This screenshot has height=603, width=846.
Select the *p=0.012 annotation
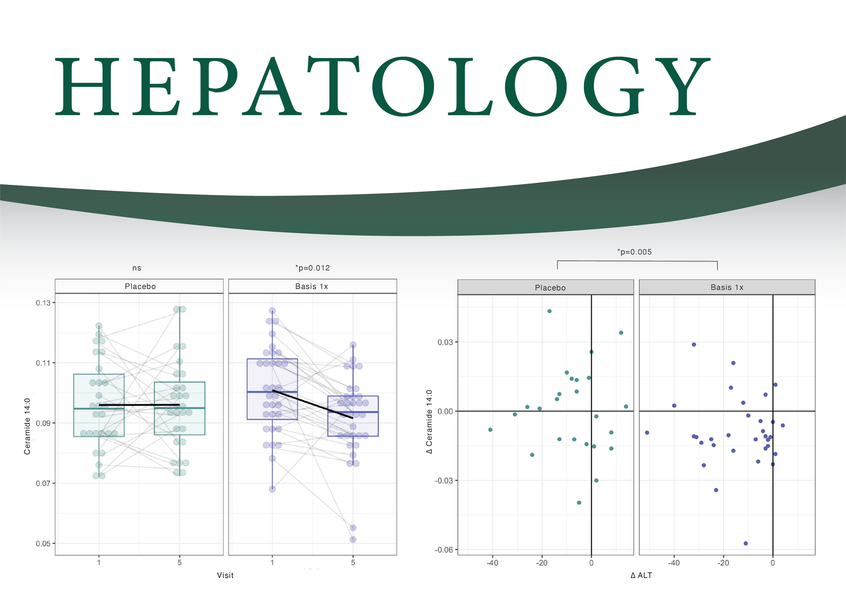coord(312,268)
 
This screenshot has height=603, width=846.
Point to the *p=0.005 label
coord(634,252)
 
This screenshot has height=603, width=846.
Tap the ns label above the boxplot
coord(137,268)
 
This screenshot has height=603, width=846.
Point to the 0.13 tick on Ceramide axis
coord(43,303)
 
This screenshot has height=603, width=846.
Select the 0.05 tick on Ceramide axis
coord(43,544)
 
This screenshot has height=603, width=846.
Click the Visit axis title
coord(225,575)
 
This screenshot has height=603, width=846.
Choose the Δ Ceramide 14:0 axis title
coord(429,421)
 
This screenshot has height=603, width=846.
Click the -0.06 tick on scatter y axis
coord(444,550)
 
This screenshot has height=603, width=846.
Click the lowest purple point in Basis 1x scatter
coord(746,544)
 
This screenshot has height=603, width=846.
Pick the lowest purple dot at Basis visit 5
coord(353,539)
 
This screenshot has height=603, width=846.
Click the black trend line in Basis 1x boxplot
coord(312,404)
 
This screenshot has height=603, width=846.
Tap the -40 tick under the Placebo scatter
coord(492,563)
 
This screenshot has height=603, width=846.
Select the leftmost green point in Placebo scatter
coord(490,430)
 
